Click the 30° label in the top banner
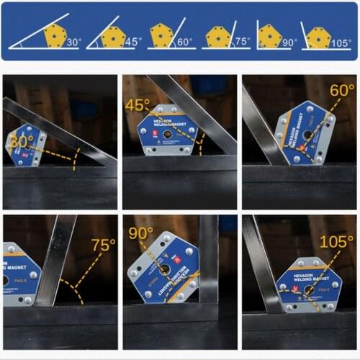click(x=73, y=42)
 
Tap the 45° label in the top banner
click(x=132, y=42)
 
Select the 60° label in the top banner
click(x=184, y=42)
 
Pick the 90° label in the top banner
click(x=289, y=42)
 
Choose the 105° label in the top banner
click(x=343, y=42)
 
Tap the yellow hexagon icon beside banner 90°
click(x=269, y=35)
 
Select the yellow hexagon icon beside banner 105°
click(x=318, y=35)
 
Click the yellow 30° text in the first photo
click(x=22, y=142)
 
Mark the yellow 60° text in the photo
click(x=342, y=91)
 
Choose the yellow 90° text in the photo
click(x=141, y=234)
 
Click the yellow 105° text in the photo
click(x=336, y=242)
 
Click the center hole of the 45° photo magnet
click(x=167, y=134)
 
